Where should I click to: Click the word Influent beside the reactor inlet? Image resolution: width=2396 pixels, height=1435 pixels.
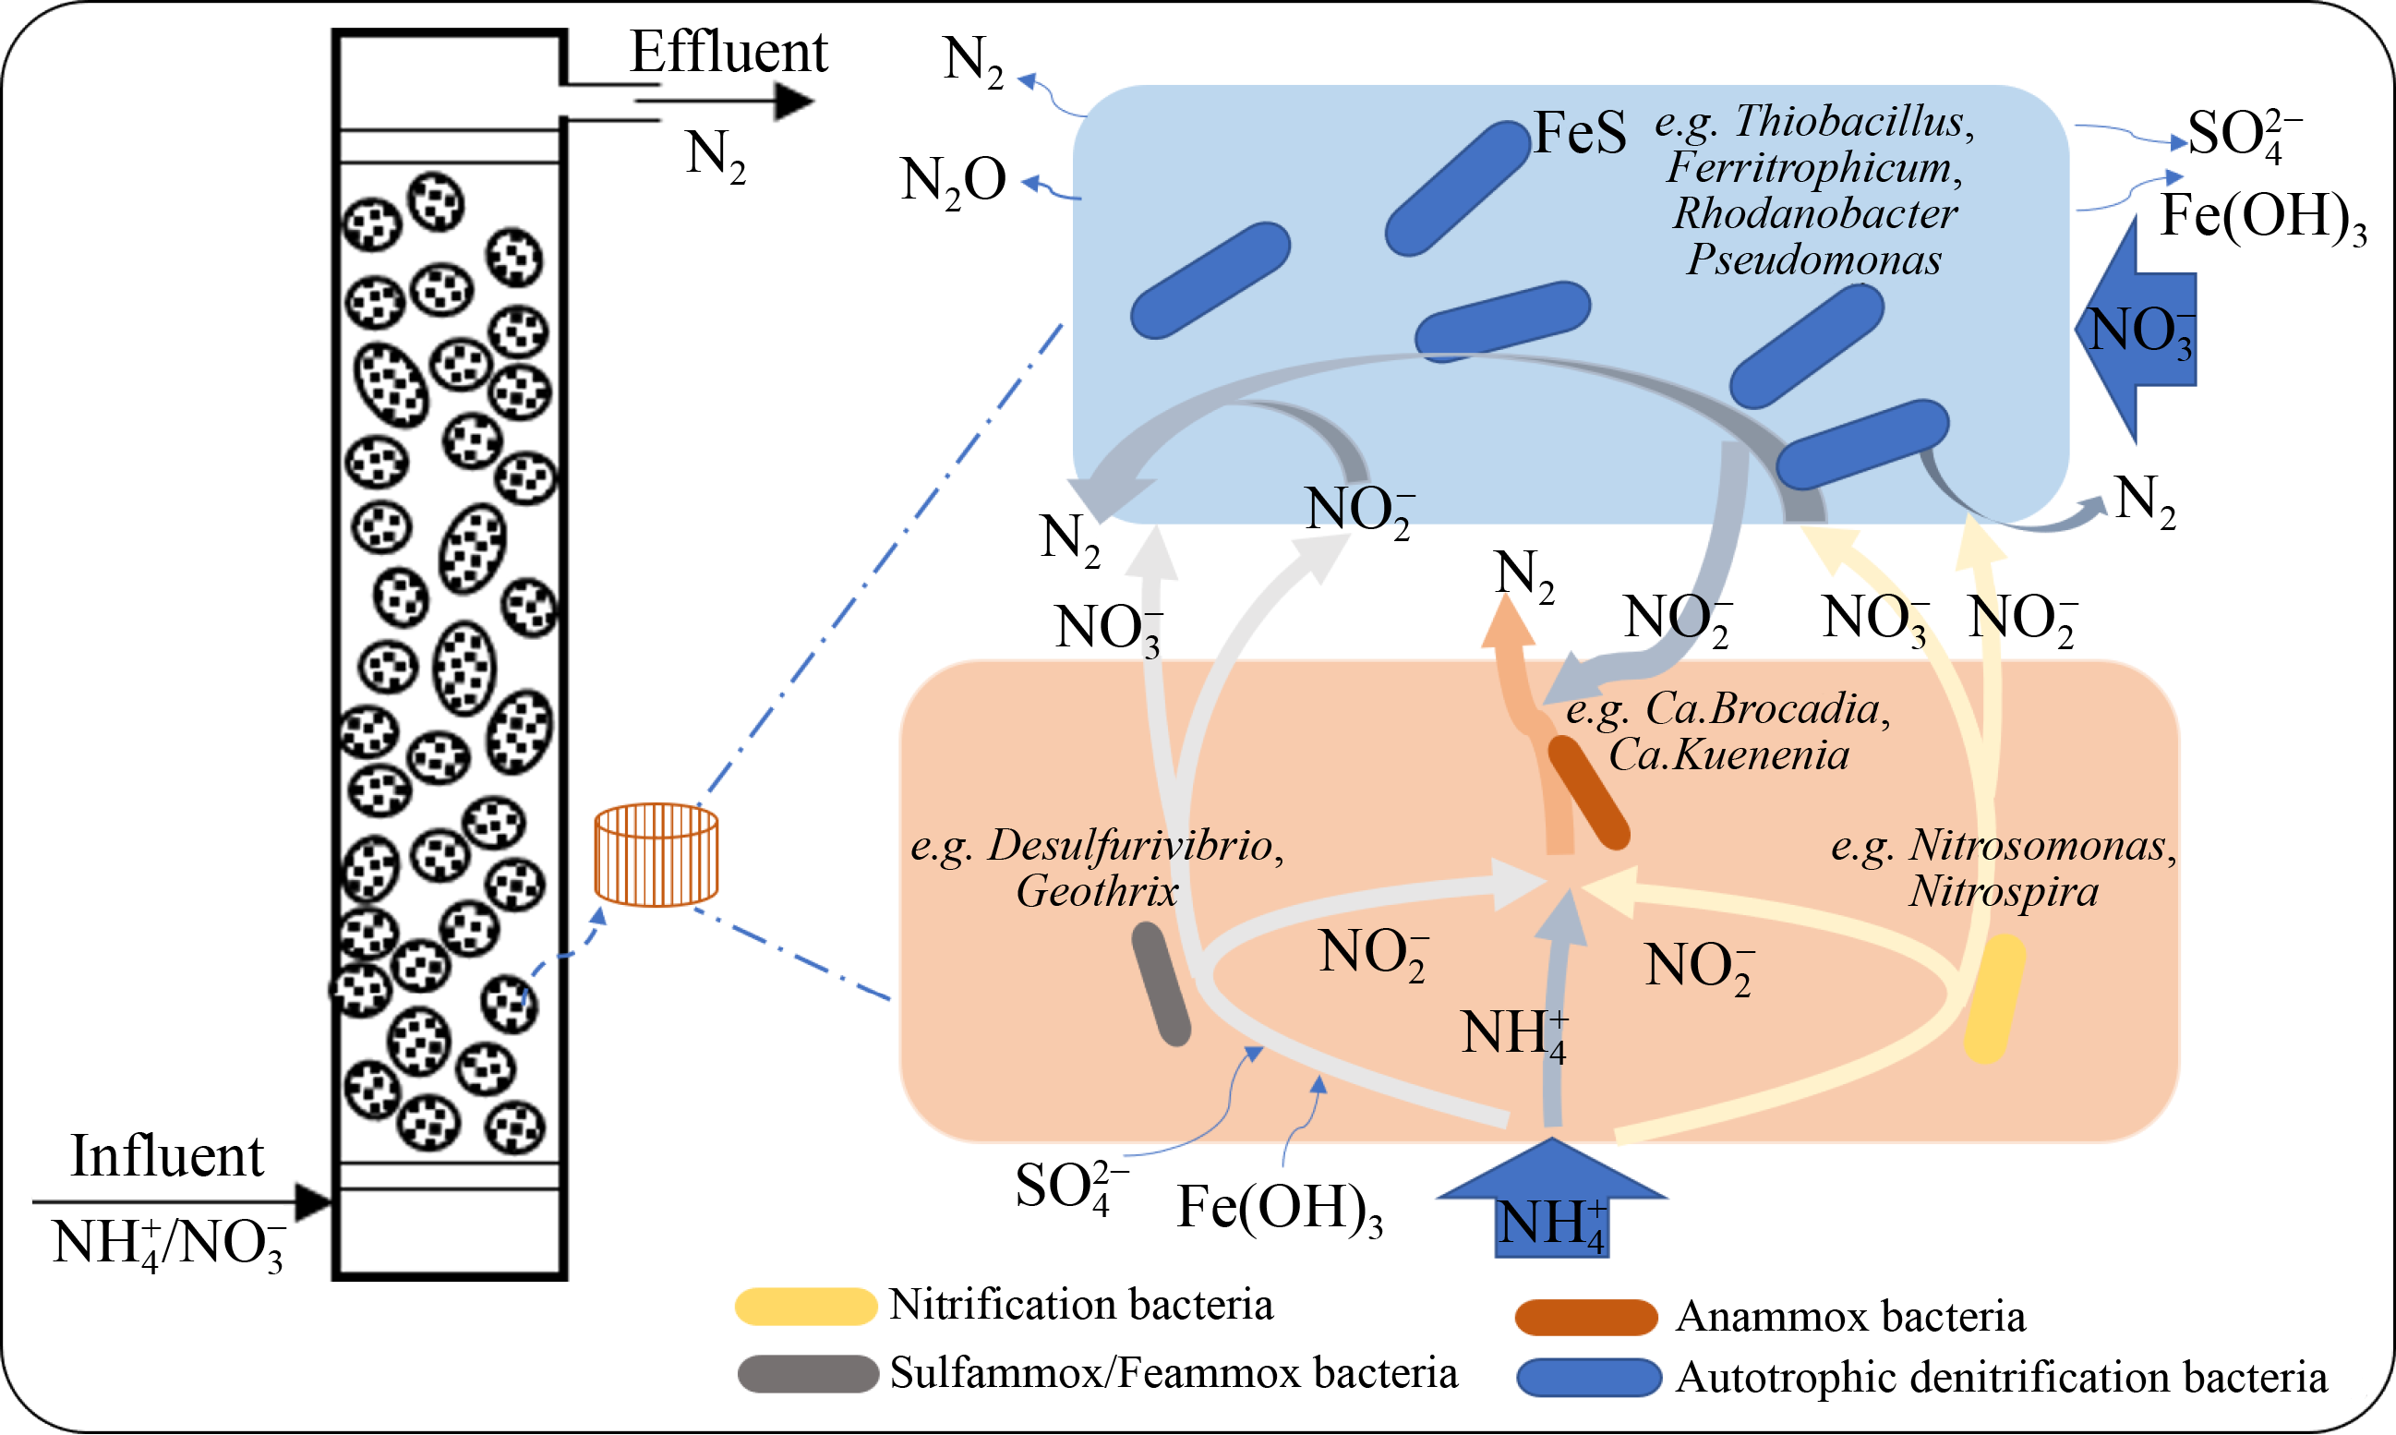pyautogui.click(x=167, y=1156)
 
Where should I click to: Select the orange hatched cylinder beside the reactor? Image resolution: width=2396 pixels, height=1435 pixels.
pyautogui.click(x=656, y=855)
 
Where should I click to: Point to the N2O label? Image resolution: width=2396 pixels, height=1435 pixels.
pyautogui.click(x=954, y=181)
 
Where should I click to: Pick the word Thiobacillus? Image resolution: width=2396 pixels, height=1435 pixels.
pyautogui.click(x=1848, y=122)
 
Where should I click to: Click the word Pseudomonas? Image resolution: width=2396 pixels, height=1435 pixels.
pyautogui.click(x=1814, y=260)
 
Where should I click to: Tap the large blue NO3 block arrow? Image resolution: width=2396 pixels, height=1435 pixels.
pyautogui.click(x=2137, y=330)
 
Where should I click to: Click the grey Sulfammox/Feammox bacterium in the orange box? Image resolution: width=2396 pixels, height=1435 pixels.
pyautogui.click(x=1161, y=984)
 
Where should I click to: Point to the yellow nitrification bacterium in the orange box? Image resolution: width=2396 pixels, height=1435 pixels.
pyautogui.click(x=1994, y=998)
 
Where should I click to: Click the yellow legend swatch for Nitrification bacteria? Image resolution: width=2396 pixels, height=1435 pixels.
pyautogui.click(x=805, y=1307)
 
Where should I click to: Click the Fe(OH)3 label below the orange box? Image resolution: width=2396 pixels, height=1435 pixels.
pyautogui.click(x=1278, y=1209)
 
